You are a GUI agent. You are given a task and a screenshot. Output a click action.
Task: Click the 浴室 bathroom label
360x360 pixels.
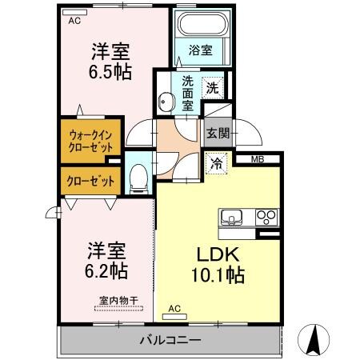point(201,50)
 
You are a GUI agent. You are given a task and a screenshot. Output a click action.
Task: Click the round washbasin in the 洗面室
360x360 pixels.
point(166,102)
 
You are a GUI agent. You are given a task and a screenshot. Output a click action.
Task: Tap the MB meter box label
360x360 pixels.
point(258,159)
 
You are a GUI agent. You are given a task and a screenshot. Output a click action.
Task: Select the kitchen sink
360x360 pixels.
point(234,217)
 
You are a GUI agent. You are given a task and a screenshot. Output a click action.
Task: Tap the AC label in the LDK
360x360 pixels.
point(174,308)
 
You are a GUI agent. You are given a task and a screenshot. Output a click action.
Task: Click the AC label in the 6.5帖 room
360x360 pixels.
point(74,20)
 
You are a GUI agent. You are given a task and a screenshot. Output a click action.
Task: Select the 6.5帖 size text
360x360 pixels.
point(110,70)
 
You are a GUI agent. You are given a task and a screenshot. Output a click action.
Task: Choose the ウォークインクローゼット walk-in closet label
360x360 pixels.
point(90,141)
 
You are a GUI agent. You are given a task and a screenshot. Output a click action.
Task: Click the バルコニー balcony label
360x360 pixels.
point(171,340)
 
